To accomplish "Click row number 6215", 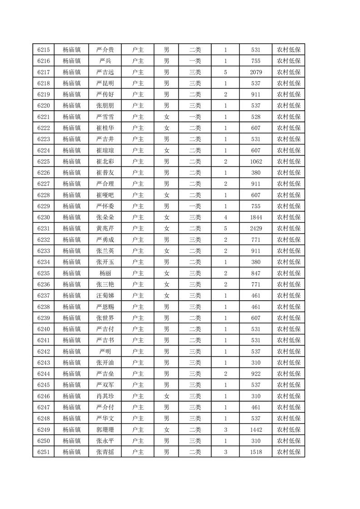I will click(43, 50).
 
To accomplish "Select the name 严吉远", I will click(105, 72).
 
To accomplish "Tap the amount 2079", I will click(256, 72).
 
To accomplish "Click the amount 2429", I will click(256, 229).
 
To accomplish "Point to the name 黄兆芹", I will click(105, 229).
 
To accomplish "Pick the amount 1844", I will click(256, 217).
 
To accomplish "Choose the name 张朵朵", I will click(105, 217).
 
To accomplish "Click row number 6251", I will click(43, 452).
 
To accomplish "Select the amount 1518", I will click(256, 452).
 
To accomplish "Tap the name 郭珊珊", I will click(105, 430).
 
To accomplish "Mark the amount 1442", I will click(256, 430).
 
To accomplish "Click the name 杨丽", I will click(105, 273).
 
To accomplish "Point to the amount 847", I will click(256, 273).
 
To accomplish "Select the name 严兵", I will click(105, 61).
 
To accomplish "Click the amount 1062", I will click(256, 162).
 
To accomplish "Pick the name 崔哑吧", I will click(105, 195).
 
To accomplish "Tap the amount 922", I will click(256, 374).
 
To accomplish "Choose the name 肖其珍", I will click(105, 396).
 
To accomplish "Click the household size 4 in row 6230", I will click(226, 217).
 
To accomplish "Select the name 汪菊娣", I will click(105, 296).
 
